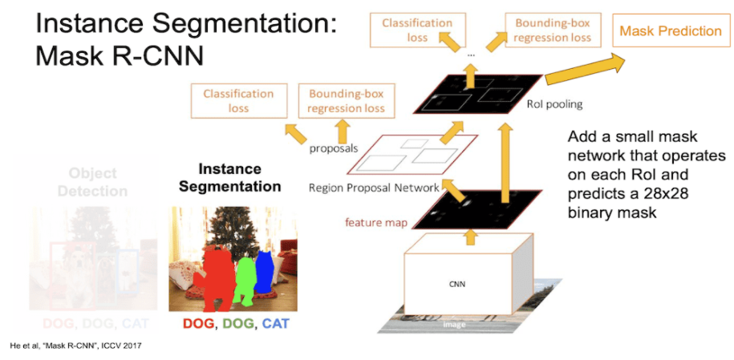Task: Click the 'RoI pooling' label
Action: pos(554,103)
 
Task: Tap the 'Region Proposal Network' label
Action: pos(374,188)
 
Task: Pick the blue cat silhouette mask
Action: pos(264,273)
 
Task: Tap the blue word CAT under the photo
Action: pos(275,324)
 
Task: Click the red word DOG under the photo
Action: pos(198,324)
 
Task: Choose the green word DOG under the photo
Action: pos(237,324)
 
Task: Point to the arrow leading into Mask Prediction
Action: pos(584,68)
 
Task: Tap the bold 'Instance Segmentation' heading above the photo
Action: pos(230,178)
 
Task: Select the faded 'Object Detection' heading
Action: pos(92,182)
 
